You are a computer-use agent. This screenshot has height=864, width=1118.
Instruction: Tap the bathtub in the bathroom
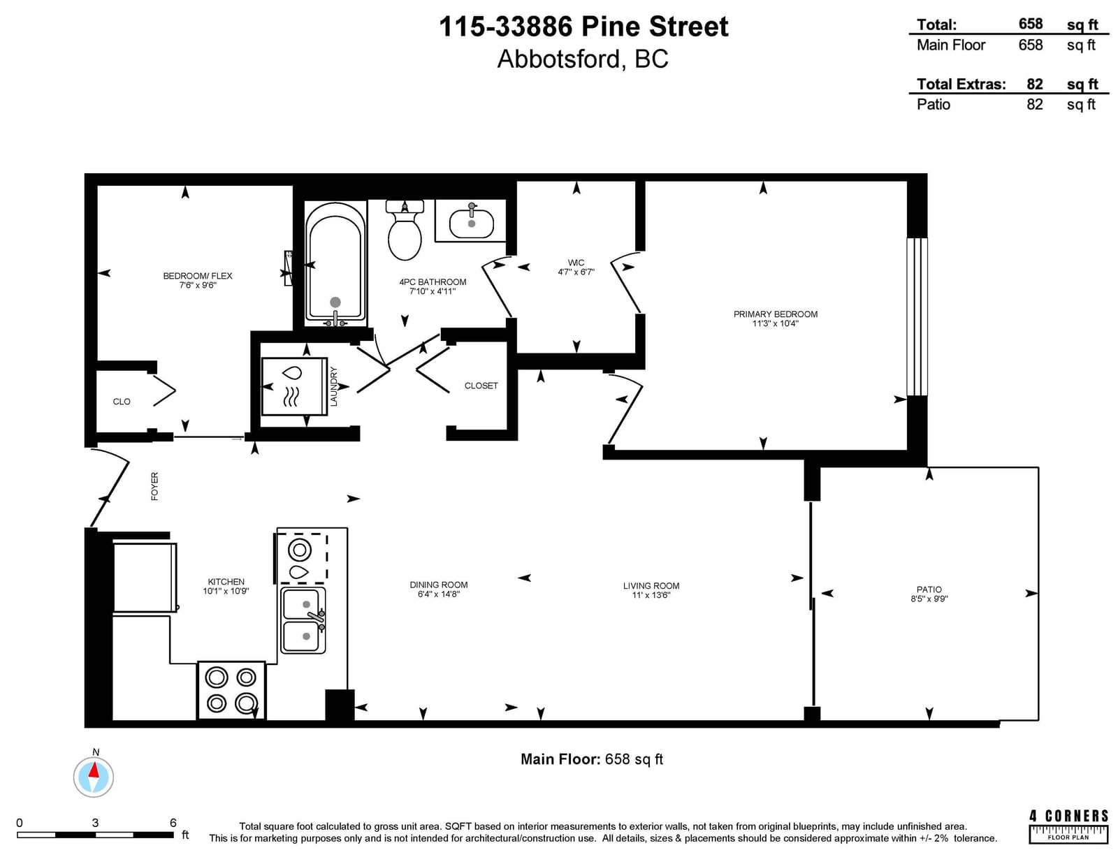335,263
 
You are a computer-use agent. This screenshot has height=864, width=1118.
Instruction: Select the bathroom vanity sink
471,221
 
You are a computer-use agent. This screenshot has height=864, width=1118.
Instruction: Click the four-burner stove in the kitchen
231,691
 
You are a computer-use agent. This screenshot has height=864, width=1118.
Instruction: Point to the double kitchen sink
303,620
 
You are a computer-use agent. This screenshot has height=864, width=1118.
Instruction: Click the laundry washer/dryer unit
294,386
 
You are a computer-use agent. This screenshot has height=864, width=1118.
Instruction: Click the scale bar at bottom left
95,835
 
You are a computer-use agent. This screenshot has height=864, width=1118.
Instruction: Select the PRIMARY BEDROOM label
776,314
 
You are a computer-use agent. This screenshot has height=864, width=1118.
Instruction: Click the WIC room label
576,263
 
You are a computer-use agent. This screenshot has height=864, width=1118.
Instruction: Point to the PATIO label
929,590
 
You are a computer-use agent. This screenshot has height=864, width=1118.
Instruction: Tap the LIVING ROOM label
651,586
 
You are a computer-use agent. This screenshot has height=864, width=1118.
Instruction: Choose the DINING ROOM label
439,585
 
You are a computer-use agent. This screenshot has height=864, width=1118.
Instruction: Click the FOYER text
154,486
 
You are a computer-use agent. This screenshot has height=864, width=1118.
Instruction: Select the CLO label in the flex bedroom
122,402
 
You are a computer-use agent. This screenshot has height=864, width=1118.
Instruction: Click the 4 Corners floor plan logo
1068,827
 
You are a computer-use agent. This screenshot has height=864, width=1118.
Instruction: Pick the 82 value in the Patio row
1035,104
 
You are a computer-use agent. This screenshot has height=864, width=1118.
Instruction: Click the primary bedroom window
917,317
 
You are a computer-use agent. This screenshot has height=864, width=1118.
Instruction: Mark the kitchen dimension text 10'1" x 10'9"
226,591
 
